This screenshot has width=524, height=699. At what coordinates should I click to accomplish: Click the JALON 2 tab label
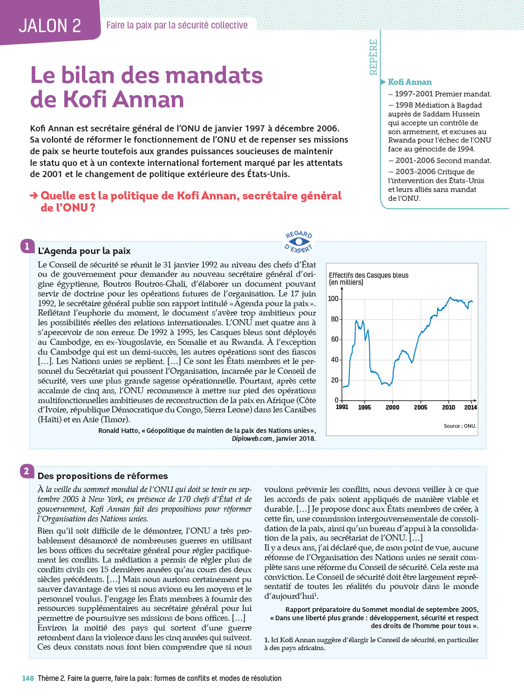[50, 26]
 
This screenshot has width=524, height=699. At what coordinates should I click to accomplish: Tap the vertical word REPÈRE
[374, 57]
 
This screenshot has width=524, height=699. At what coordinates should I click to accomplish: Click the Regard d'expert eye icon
[299, 241]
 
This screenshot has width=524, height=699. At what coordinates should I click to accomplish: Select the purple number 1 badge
[27, 246]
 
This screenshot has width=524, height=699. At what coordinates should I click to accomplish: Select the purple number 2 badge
[27, 471]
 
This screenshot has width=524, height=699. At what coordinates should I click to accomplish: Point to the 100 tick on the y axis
[333, 299]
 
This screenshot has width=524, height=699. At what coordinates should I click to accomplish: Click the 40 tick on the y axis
[335, 360]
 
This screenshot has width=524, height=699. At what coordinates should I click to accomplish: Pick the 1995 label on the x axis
[364, 407]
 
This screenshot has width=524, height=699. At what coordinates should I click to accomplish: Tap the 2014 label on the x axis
[470, 407]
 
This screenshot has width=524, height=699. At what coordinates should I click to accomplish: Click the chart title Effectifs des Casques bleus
[368, 275]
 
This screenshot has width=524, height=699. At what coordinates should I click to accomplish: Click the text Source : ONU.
[460, 426]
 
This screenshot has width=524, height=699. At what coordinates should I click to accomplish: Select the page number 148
[28, 678]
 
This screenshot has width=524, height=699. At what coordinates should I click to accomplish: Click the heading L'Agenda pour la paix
[84, 251]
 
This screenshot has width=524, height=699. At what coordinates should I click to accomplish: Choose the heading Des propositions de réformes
[102, 476]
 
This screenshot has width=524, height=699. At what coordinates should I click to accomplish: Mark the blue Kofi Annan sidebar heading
[409, 82]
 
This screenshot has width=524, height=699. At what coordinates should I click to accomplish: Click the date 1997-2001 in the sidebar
[414, 94]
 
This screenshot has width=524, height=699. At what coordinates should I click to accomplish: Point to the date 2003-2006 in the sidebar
[415, 171]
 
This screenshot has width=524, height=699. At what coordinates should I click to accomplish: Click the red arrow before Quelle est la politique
[34, 196]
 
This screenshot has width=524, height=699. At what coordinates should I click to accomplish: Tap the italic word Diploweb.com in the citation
[252, 439]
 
